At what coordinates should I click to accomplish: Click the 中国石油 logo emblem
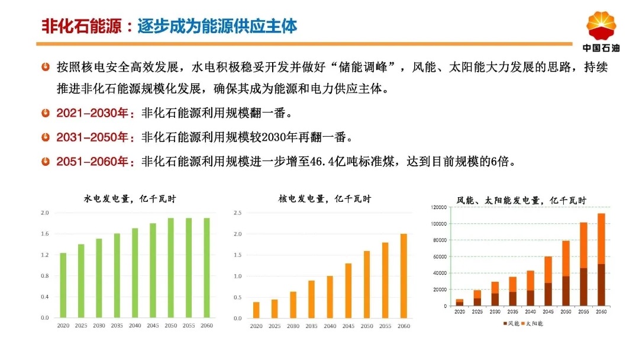(601, 26)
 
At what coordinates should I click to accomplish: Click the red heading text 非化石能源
(82, 27)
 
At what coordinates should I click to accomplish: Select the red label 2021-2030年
(92, 113)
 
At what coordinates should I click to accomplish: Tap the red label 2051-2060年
(92, 162)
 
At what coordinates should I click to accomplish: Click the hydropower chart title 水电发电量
(106, 199)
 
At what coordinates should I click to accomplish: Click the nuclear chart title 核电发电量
(302, 199)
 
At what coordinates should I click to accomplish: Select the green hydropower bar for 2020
(63, 285)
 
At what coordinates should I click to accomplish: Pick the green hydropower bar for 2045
(153, 271)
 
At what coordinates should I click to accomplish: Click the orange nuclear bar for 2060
(404, 276)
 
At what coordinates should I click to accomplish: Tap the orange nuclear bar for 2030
(293, 305)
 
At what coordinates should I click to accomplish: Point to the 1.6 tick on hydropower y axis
(45, 234)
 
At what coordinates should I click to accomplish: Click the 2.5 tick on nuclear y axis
(238, 213)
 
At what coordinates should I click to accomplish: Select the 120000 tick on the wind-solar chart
(439, 207)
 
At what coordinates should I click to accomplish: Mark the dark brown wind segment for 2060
(601, 285)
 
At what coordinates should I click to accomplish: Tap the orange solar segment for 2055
(583, 245)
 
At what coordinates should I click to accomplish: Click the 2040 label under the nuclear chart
(330, 326)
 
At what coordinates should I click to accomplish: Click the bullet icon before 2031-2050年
(46, 137)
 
